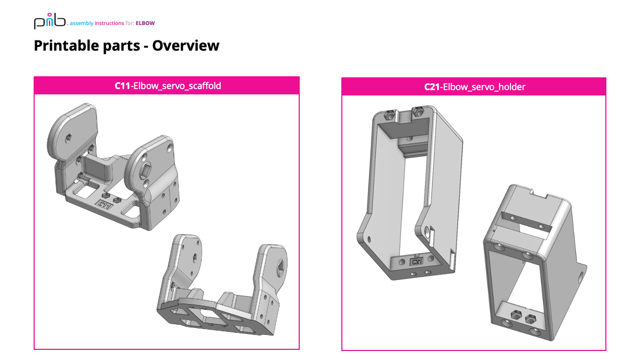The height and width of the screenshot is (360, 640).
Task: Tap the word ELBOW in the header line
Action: (x=146, y=23)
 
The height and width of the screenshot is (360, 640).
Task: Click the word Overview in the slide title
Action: (x=186, y=45)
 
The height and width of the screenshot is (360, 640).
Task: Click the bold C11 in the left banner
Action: (x=122, y=86)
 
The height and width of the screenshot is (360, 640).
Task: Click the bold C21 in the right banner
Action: (x=433, y=87)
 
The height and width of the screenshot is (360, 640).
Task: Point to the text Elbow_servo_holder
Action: (x=484, y=87)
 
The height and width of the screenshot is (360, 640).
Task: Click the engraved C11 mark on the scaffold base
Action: (x=102, y=204)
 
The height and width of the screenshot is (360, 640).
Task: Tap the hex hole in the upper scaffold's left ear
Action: (x=69, y=138)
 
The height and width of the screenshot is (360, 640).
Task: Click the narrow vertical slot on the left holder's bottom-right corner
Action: (x=452, y=259)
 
